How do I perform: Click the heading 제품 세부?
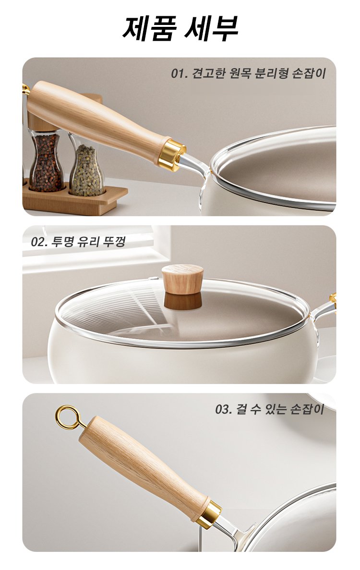(x=180, y=28)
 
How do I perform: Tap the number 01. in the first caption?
(x=179, y=73)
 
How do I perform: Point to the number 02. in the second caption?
(x=39, y=242)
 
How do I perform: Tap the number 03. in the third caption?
(x=224, y=410)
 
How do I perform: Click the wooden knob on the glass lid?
(x=182, y=279)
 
